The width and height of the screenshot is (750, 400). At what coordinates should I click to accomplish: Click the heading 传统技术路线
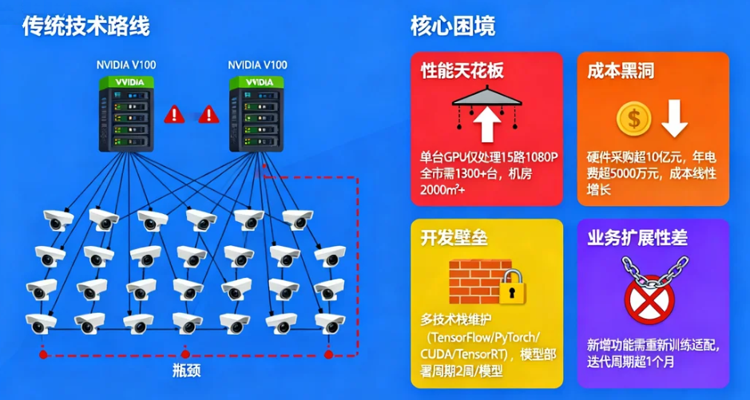pyautogui.click(x=85, y=26)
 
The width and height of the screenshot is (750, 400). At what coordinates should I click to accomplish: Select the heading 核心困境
pyautogui.click(x=452, y=26)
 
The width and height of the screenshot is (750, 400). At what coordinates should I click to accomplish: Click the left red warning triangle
pyautogui.click(x=173, y=114)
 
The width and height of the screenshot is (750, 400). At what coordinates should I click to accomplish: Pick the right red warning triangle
pyautogui.click(x=208, y=114)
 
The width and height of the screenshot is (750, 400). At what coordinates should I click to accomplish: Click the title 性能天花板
pyautogui.click(x=462, y=70)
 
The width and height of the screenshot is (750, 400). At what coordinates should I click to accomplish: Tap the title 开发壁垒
pyautogui.click(x=454, y=238)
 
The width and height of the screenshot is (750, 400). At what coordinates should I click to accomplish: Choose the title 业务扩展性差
pyautogui.click(x=637, y=238)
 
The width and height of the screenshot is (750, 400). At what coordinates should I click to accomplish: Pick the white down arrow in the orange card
pyautogui.click(x=674, y=119)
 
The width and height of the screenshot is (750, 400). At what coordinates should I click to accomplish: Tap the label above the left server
pyautogui.click(x=125, y=65)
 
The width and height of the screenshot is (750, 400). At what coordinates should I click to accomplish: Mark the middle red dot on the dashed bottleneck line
pyautogui.click(x=185, y=354)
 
